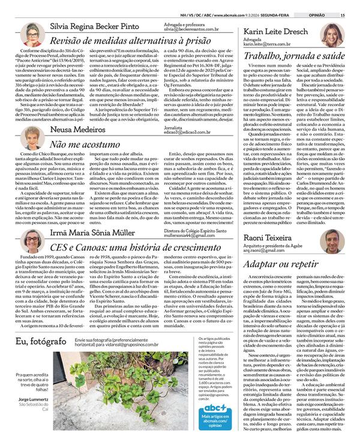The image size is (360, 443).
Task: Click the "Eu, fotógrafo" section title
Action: coord(38,340)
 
